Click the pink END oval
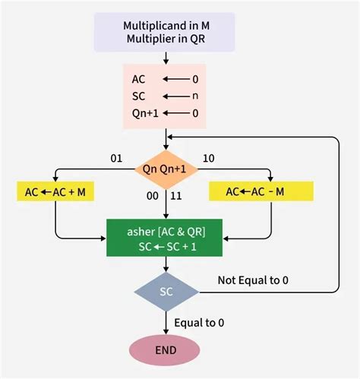click(165, 349)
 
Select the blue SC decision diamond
click(165, 292)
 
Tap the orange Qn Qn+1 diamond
click(165, 169)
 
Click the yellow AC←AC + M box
click(54, 192)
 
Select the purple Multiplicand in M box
click(166, 32)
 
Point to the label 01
click(116, 159)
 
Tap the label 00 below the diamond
click(152, 196)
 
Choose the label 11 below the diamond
click(178, 196)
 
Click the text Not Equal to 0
click(252, 280)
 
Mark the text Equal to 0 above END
click(199, 322)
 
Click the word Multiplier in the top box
click(149, 39)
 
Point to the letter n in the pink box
click(194, 96)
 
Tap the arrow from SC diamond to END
click(165, 321)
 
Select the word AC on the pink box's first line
click(139, 79)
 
